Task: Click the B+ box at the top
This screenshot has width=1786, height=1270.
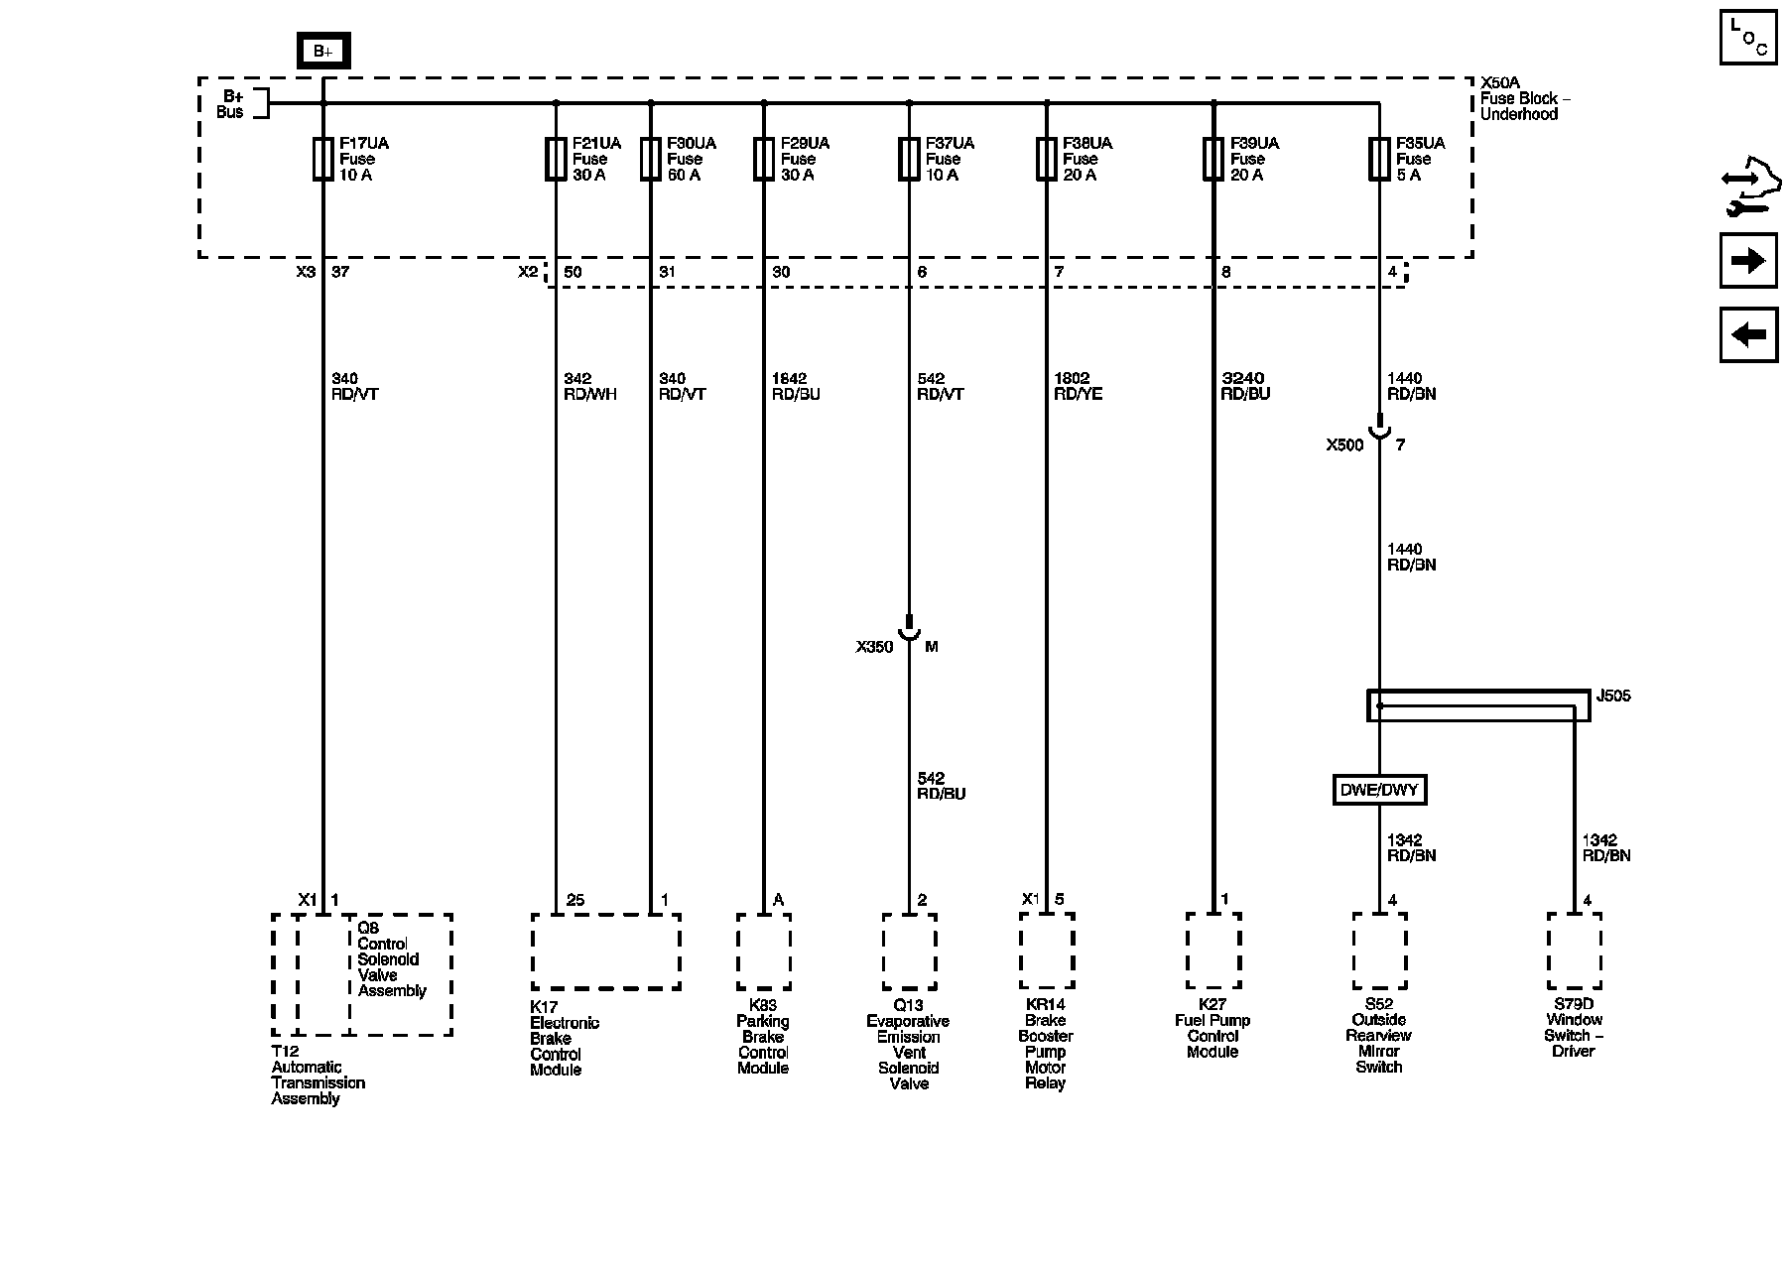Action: click(x=323, y=51)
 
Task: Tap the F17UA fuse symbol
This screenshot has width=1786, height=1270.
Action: click(x=322, y=159)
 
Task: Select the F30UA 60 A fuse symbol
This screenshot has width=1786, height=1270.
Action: click(x=651, y=159)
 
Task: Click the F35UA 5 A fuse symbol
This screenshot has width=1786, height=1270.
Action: click(x=1379, y=159)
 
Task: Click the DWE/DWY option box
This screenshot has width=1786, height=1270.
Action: click(x=1379, y=790)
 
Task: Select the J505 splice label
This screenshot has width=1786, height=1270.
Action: click(x=1613, y=697)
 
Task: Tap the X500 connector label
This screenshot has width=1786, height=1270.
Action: click(x=1344, y=445)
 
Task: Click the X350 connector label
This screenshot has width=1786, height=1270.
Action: click(x=874, y=647)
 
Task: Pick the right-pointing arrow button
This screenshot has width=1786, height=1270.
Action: click(x=1748, y=261)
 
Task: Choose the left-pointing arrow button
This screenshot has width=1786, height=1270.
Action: click(x=1748, y=334)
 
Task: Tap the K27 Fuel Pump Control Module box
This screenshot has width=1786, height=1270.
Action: click(x=1213, y=951)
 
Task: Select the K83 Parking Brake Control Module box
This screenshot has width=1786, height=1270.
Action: click(x=764, y=952)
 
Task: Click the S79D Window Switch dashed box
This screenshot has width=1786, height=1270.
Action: click(x=1575, y=952)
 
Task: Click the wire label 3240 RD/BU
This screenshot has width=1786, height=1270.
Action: click(x=1245, y=386)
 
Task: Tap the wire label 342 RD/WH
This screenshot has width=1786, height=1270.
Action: click(x=589, y=386)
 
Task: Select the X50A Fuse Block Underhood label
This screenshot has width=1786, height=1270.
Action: click(x=1524, y=99)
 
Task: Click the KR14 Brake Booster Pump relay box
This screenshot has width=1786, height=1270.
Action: click(x=1047, y=951)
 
